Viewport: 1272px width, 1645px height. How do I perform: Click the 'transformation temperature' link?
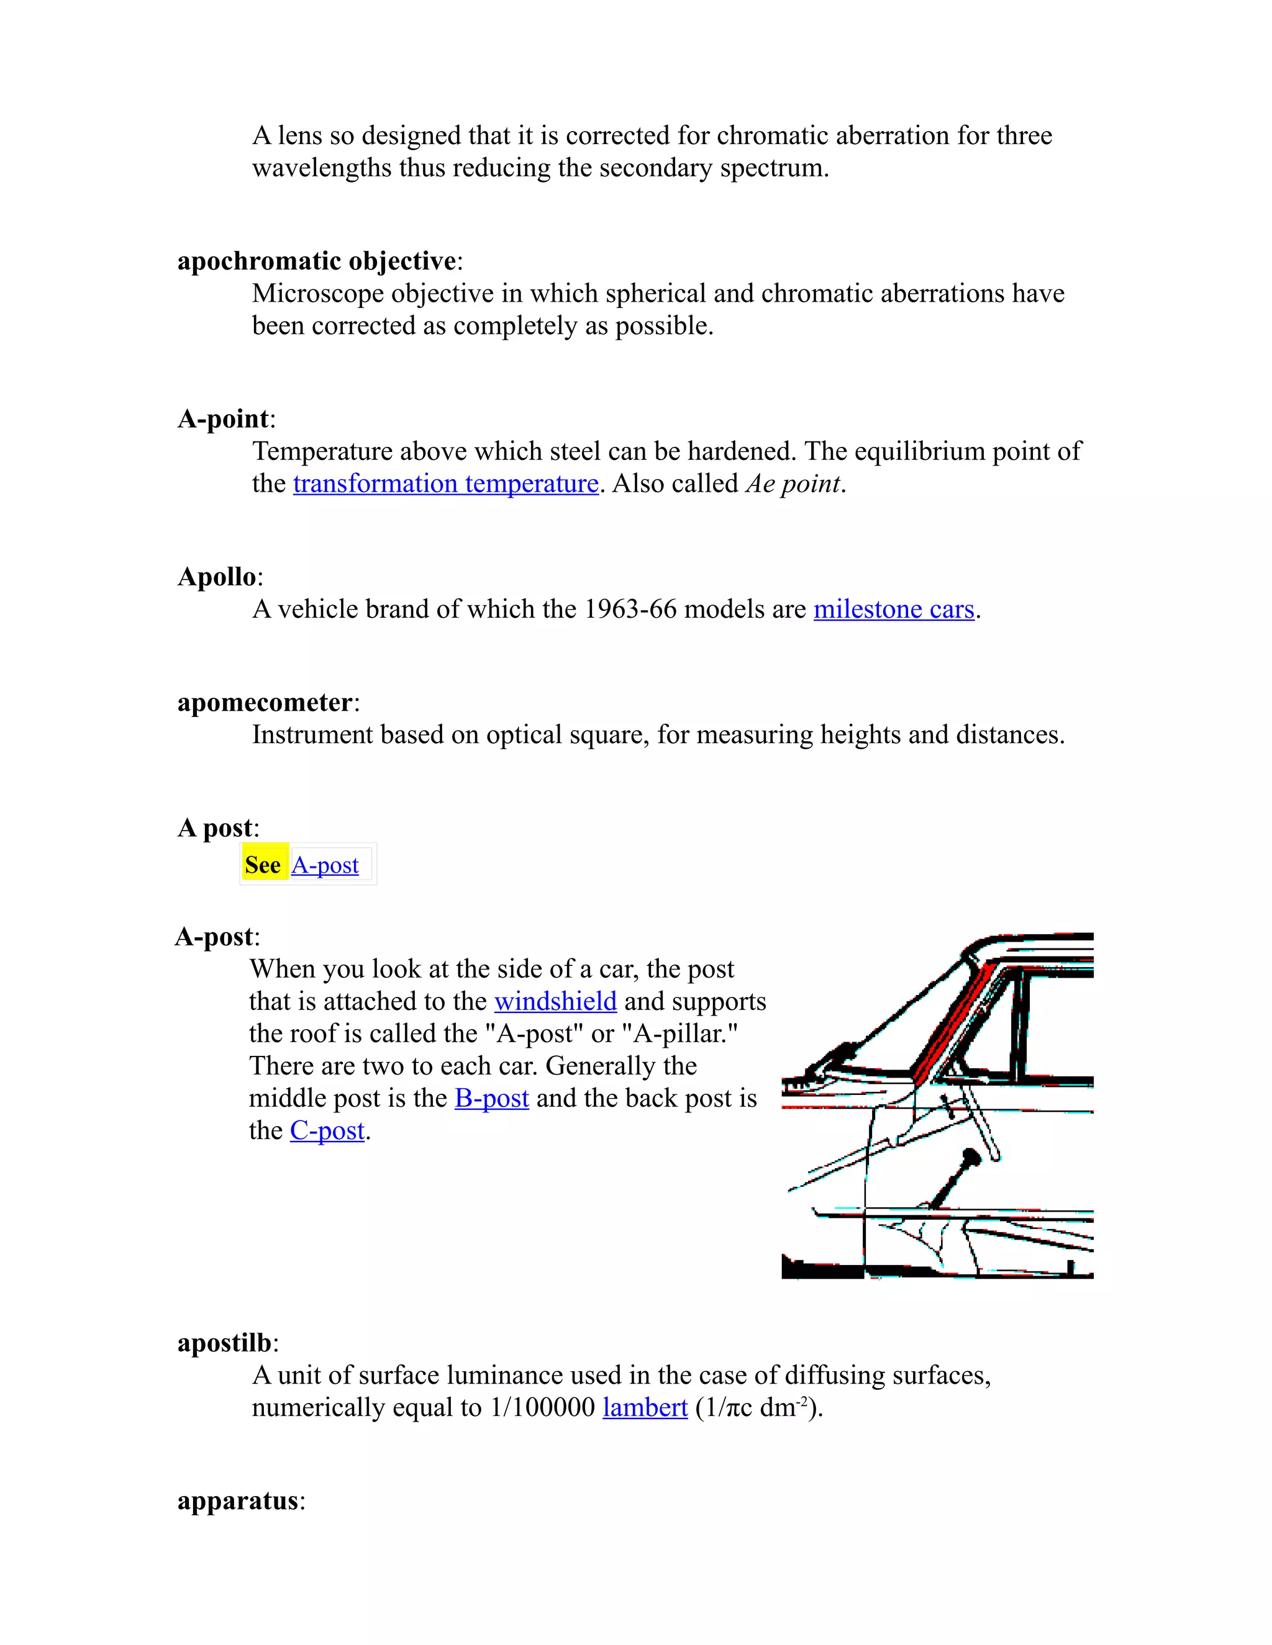(x=445, y=484)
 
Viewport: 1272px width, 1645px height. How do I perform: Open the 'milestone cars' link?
(x=894, y=610)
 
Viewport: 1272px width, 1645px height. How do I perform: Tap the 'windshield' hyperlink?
(x=555, y=1002)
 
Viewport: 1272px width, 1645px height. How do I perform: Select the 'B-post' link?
(x=491, y=1099)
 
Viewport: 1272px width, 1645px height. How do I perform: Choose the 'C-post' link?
(x=327, y=1131)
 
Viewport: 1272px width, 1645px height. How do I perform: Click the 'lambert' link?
(x=645, y=1408)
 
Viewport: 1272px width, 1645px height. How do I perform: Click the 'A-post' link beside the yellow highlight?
(x=325, y=865)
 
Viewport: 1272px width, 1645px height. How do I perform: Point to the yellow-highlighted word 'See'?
(x=263, y=865)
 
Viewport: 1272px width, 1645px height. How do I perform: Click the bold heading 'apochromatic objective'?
(x=317, y=261)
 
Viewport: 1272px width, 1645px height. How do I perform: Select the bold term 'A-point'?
(x=223, y=420)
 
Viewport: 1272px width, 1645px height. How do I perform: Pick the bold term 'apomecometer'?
(x=265, y=703)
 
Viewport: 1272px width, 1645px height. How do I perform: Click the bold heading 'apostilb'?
(x=224, y=1343)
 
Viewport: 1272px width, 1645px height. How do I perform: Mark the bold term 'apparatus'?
(x=237, y=1501)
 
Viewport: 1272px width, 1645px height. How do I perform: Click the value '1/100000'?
(x=543, y=1408)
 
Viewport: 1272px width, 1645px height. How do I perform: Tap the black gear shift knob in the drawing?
(x=971, y=1157)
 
